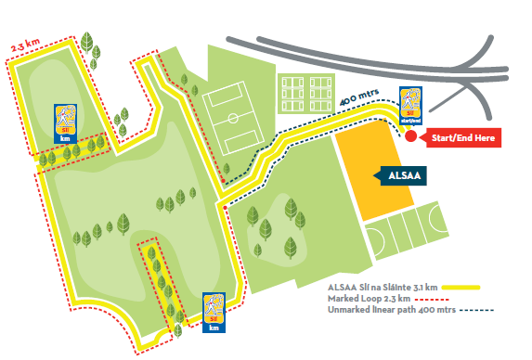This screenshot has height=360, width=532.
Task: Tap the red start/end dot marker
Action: (x=410, y=137)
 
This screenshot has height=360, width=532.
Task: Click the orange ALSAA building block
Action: (x=370, y=176)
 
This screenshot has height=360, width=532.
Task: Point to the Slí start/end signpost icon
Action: (x=410, y=105)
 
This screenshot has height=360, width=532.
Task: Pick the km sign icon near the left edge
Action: (x=64, y=122)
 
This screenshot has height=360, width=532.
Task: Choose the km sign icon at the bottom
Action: (x=214, y=313)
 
